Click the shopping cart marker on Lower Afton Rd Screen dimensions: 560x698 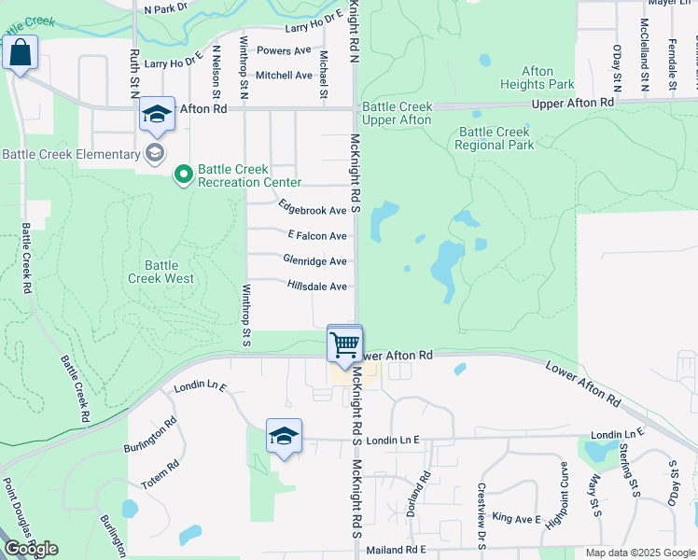pyautogui.click(x=345, y=344)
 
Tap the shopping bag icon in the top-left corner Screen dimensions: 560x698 pyautogui.click(x=20, y=54)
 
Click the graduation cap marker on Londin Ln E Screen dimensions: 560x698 pyautogui.click(x=284, y=437)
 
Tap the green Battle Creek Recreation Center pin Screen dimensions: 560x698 pyautogui.click(x=184, y=173)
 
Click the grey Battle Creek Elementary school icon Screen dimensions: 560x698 pyautogui.click(x=155, y=153)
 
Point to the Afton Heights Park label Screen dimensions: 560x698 pyautogui.click(x=537, y=77)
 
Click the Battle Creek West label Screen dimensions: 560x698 pyautogui.click(x=161, y=272)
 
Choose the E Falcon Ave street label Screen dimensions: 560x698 pyautogui.click(x=317, y=236)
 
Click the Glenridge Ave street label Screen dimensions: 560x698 pyautogui.click(x=315, y=261)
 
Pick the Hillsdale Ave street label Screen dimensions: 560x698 pyautogui.click(x=317, y=287)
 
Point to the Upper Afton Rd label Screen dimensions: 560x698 pyautogui.click(x=572, y=102)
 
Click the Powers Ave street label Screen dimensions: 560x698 pyautogui.click(x=284, y=50)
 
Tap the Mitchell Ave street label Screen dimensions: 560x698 pyautogui.click(x=284, y=75)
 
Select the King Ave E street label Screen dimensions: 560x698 pyautogui.click(x=517, y=518)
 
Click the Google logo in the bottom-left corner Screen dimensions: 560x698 pyautogui.click(x=31, y=549)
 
